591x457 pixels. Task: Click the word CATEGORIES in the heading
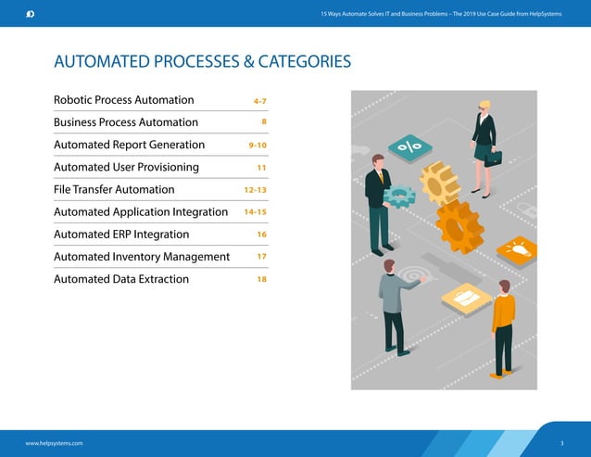(x=304, y=62)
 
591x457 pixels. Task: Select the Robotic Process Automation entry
(x=123, y=100)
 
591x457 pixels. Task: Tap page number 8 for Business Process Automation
(x=264, y=122)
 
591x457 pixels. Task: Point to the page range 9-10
(x=258, y=146)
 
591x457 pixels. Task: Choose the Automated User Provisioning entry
(x=126, y=167)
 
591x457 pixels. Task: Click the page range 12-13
(x=255, y=190)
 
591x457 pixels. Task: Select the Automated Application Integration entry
(x=140, y=212)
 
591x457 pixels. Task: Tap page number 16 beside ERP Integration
(x=261, y=235)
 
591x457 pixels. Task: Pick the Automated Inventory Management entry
(x=141, y=257)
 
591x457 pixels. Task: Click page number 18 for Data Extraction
(x=261, y=279)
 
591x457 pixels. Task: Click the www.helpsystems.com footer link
(x=54, y=443)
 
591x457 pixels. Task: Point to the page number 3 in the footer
(x=562, y=443)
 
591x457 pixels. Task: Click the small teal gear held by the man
(x=399, y=196)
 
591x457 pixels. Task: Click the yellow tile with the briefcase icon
(x=466, y=297)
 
